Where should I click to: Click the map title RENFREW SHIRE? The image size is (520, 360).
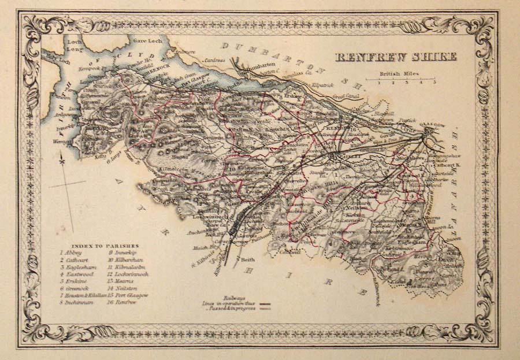[x=396, y=56]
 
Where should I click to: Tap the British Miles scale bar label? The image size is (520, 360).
[x=400, y=75]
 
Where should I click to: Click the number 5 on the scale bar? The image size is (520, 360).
[x=434, y=83]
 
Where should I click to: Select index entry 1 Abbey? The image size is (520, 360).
[x=72, y=253]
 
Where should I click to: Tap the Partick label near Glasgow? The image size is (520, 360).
[x=408, y=120]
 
